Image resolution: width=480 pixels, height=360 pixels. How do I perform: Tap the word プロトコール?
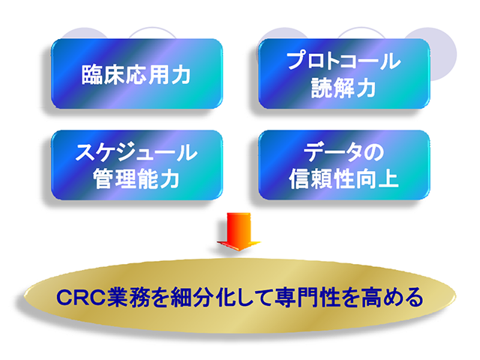coord(344,61)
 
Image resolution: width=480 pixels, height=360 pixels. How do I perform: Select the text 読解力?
coord(344,88)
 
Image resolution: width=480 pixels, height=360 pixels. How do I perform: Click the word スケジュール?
coord(136,152)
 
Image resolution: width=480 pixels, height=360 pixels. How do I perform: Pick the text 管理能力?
coord(136,179)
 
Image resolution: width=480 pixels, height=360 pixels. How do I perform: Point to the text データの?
coord(344,152)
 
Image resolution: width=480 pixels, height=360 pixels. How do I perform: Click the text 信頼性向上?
coord(344,179)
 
